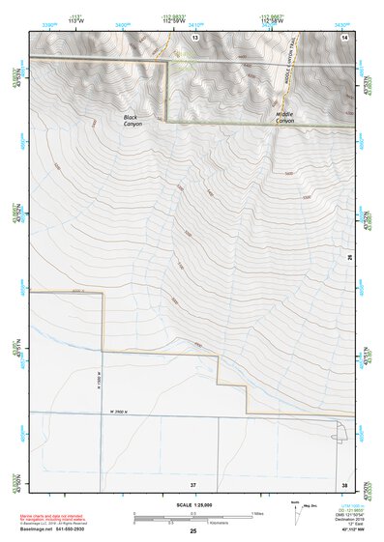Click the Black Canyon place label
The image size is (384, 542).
pos(133,121)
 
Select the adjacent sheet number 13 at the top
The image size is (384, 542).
pos(194,36)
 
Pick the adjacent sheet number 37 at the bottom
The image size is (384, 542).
pos(193,483)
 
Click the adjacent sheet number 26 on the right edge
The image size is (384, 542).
pos(351,258)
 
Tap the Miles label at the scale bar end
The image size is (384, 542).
pos(256,512)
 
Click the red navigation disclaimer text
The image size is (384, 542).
pos(62,514)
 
